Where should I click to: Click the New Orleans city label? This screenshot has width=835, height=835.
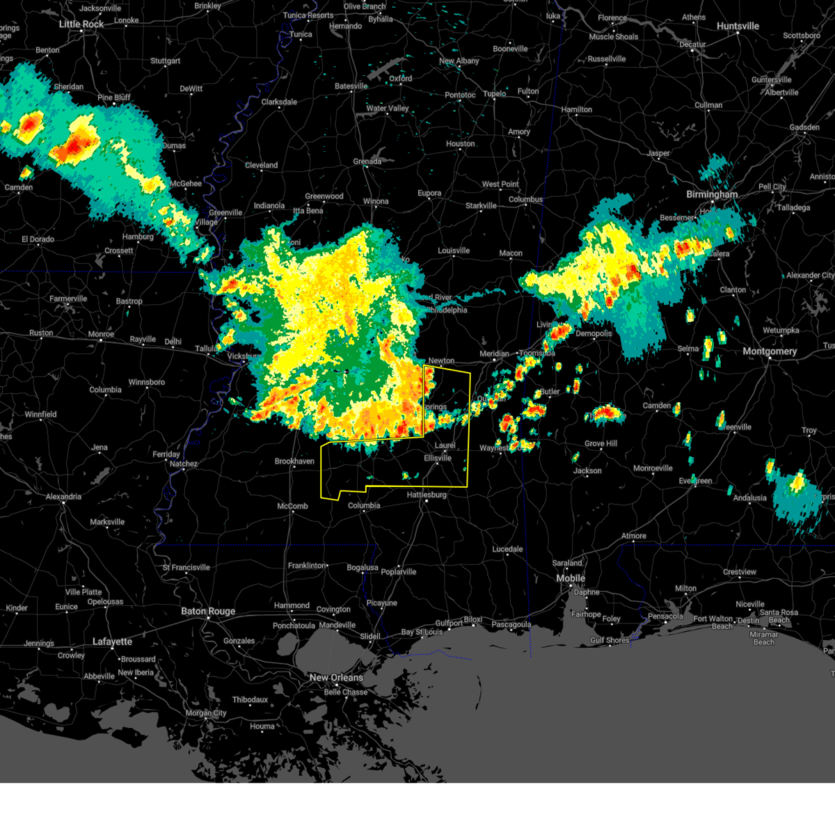pos(336,678)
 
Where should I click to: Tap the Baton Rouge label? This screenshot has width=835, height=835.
pos(208,612)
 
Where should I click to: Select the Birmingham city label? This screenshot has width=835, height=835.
pos(712,195)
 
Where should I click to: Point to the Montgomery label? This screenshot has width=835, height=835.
pos(770,351)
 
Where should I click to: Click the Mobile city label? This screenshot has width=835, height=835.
pos(571,579)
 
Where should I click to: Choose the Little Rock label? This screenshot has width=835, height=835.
pos(81,24)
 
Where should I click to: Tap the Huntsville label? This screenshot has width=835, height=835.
pos(738,26)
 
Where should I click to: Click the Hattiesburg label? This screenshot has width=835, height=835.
pos(427,495)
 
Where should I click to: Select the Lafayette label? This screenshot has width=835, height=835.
pos(112,642)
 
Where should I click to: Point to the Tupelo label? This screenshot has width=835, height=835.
pos(494,94)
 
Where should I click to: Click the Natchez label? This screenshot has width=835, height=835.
pos(184,464)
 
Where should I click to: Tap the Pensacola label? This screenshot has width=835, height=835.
pos(665,616)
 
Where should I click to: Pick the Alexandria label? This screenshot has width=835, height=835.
pos(63,497)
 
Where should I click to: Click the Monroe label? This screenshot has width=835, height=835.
pos(101,335)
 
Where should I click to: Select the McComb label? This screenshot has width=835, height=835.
pos(292,507)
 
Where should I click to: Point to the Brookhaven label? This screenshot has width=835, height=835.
pos(294,461)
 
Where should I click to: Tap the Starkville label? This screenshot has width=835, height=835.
pos(481,206)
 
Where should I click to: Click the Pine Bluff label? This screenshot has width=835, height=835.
pos(114,98)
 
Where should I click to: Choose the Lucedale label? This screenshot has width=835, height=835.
pos(507,550)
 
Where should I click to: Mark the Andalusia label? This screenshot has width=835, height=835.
pos(749,498)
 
